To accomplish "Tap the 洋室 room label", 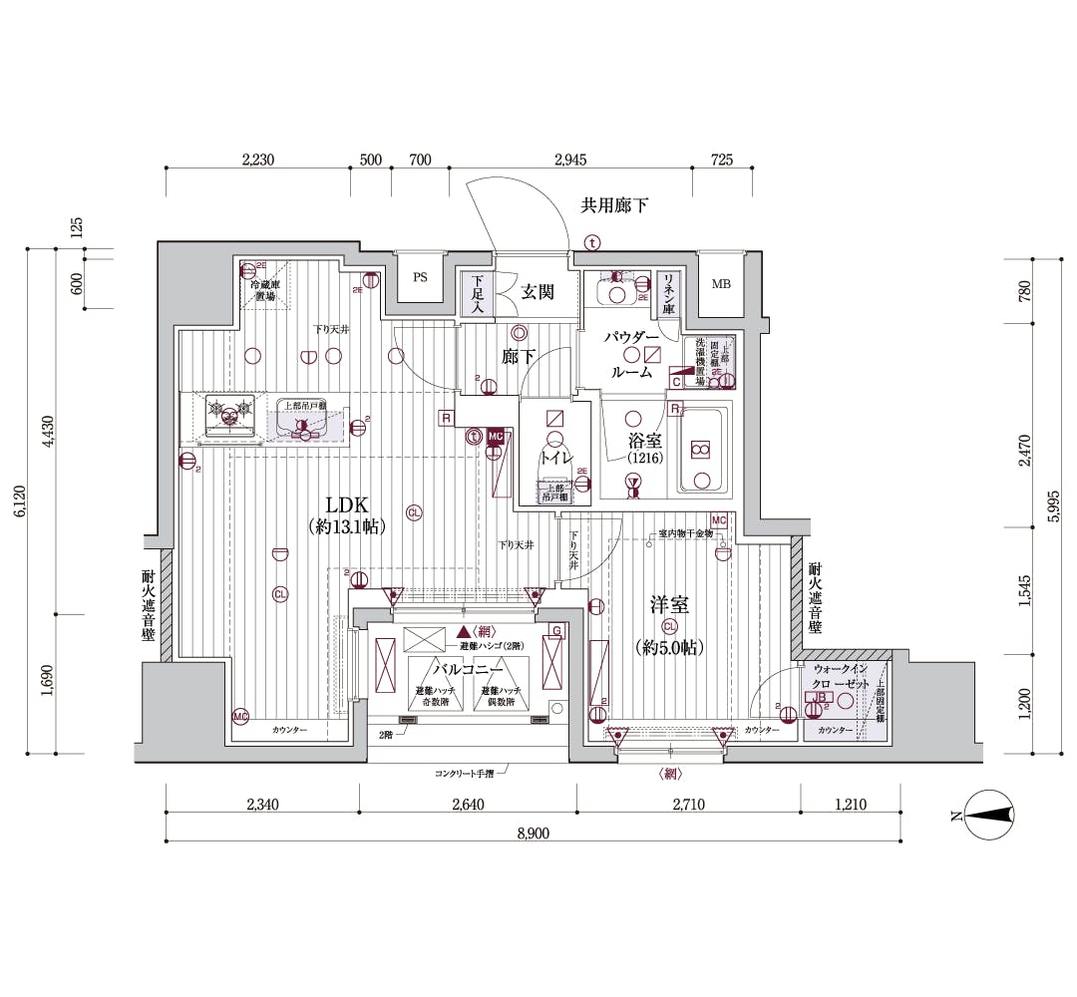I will [x=669, y=606].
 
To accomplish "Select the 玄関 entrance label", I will [x=538, y=291].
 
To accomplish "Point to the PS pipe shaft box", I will [x=420, y=278].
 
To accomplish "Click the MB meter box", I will [x=720, y=284].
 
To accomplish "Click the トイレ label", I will [x=554, y=458].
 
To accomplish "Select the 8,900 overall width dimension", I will [x=533, y=832].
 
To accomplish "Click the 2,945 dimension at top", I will [x=569, y=160].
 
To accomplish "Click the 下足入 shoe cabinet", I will [x=478, y=293].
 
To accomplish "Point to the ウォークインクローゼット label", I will [x=843, y=677].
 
